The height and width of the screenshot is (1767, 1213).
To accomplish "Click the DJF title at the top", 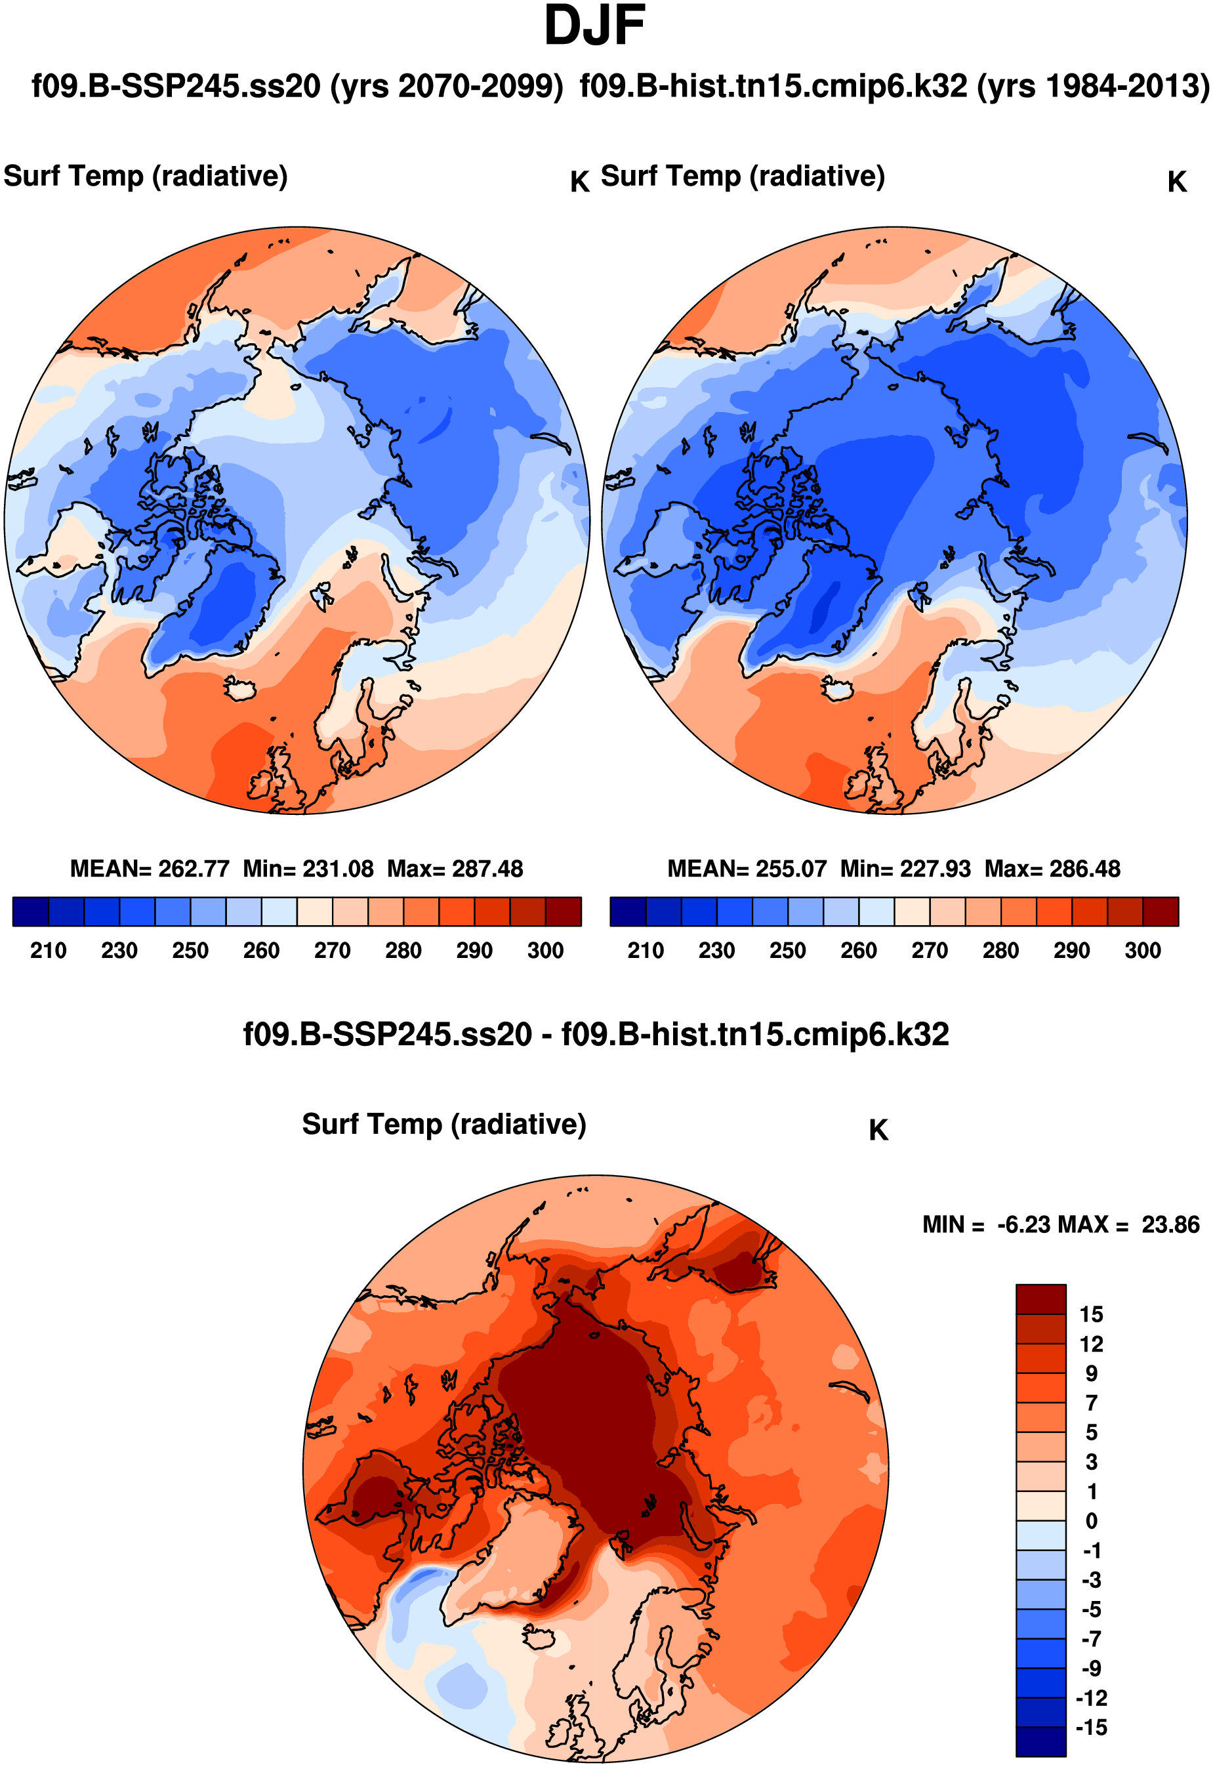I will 595,26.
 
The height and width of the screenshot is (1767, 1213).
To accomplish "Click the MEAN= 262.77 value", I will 150,869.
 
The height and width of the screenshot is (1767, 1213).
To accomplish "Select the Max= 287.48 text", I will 455,869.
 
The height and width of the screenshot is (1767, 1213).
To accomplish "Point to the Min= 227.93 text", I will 905,869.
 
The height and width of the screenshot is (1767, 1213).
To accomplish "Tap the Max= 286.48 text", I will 1053,869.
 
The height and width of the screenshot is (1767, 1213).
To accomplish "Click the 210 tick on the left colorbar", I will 49,951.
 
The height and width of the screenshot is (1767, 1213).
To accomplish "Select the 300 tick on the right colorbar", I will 1142,951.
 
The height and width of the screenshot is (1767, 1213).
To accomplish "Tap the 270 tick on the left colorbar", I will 332,951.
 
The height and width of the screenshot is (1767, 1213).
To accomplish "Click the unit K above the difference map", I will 878,1131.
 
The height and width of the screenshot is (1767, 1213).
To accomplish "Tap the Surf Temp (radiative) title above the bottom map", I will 444,1125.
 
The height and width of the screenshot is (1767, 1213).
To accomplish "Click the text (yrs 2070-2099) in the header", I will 446,87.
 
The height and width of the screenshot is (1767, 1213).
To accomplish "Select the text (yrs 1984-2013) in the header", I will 1093,87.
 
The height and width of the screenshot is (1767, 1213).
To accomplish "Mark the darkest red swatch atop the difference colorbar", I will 1040,1299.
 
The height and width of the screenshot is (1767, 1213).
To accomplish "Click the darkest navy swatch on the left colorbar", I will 31,911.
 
